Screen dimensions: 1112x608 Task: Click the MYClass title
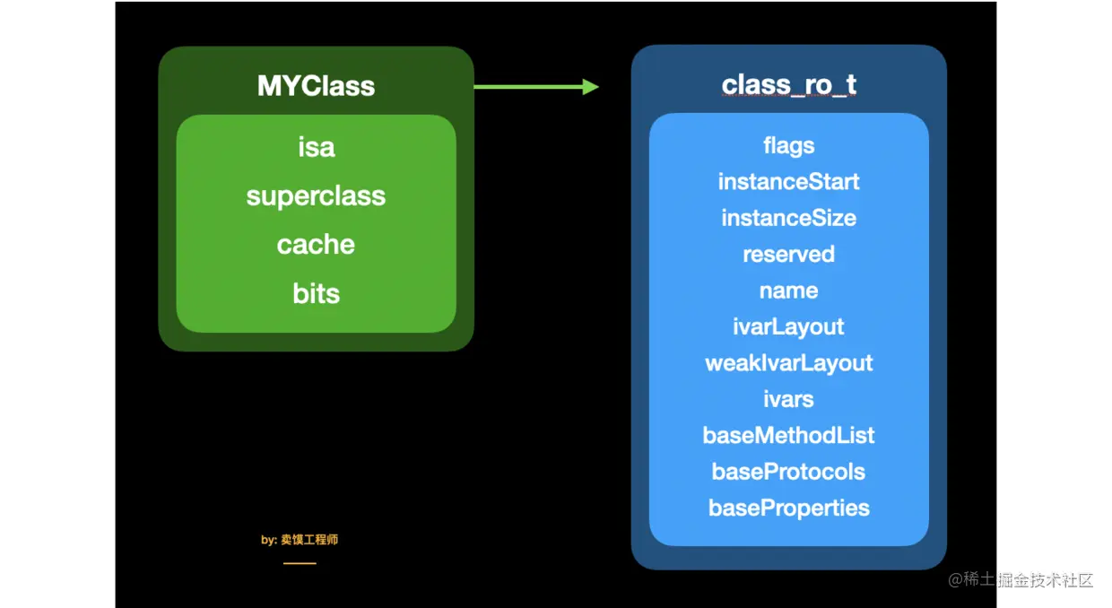316,85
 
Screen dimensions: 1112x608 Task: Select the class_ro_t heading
789,84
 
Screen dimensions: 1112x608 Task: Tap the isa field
317,147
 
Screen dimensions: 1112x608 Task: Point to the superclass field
316,196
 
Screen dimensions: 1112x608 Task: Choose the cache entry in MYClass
316,244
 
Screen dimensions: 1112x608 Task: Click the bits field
317,293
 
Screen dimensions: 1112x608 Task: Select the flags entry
789,146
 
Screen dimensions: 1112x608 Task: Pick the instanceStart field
788,181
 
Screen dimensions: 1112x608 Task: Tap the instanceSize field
789,218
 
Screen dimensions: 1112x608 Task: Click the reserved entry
789,254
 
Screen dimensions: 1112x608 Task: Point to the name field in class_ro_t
789,291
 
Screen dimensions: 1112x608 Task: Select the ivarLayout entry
788,327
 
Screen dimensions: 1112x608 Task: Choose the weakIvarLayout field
789,363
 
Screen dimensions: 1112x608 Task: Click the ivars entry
788,399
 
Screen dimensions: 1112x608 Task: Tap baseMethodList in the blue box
788,435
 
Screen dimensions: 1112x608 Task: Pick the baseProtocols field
788,472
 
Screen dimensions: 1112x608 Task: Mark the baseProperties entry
789,508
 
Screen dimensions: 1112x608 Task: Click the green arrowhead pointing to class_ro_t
591,87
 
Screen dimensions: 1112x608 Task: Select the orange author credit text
300,540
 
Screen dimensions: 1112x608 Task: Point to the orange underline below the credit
300,563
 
